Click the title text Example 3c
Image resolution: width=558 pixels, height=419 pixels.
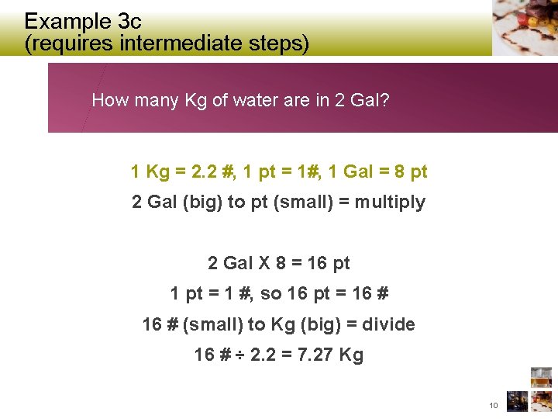point(83,20)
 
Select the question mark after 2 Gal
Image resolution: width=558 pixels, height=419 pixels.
point(385,100)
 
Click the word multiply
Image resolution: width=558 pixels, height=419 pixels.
point(391,202)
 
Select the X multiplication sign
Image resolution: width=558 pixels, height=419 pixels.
point(259,263)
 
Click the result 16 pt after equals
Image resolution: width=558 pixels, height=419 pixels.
point(329,263)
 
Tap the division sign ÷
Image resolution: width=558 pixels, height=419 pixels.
point(240,355)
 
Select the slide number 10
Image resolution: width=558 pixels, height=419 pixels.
point(494,405)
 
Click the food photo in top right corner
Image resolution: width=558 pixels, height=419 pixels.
point(525,27)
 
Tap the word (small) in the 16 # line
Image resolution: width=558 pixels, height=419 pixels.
point(211,324)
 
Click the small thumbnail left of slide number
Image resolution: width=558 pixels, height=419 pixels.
point(516,401)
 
